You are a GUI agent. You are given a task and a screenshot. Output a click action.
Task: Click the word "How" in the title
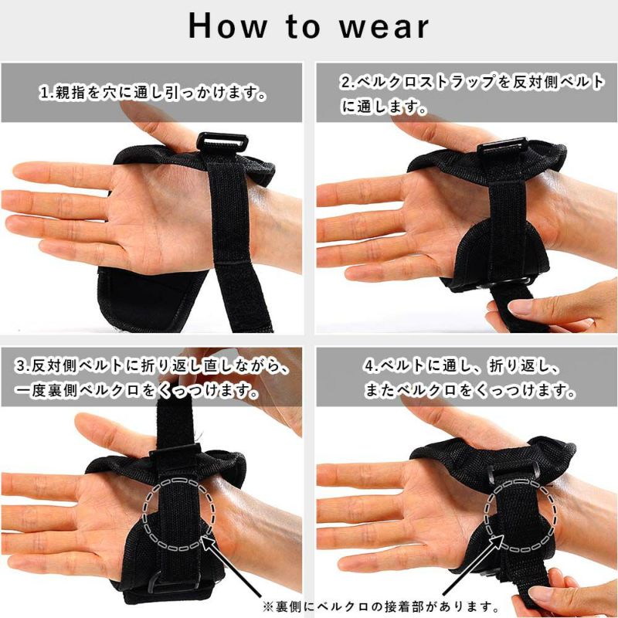[228, 26]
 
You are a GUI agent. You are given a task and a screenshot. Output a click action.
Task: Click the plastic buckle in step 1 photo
[222, 142]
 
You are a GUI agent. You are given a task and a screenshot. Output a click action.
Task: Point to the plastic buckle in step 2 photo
[502, 147]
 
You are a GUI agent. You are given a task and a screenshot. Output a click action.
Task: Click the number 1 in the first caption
[46, 93]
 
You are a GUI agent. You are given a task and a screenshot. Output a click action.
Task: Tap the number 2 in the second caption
[345, 82]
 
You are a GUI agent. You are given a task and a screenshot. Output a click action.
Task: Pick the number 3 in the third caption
[21, 366]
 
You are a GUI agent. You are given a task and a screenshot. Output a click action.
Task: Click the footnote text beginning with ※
[381, 606]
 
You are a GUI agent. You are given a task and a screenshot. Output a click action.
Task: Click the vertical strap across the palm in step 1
[236, 236]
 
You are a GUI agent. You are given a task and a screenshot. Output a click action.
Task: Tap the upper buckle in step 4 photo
[513, 471]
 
